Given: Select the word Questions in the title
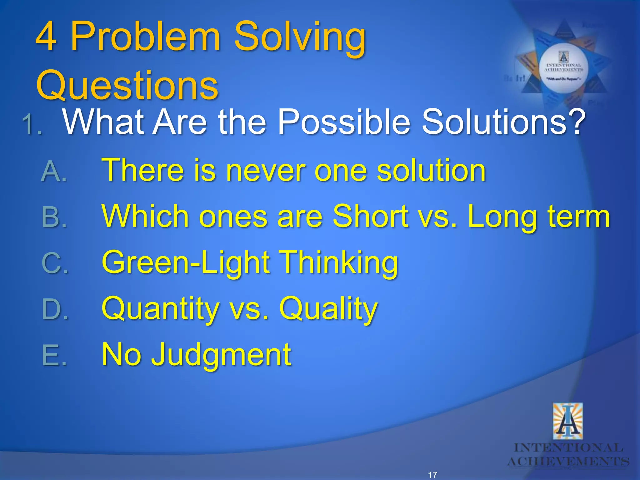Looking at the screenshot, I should pos(127,85).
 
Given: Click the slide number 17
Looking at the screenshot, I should pos(432,475).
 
